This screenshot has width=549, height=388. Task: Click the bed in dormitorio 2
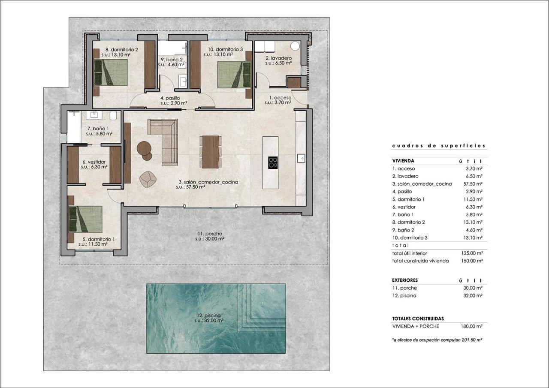coord(111,72)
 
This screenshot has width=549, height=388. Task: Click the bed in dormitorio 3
coord(234,75)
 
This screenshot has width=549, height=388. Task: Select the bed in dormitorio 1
coord(86,219)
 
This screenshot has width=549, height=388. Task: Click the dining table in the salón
coord(211,152)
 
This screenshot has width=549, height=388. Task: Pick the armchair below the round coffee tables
coord(148,179)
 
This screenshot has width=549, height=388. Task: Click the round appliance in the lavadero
coord(295,47)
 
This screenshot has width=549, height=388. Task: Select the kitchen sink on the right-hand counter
coord(301,158)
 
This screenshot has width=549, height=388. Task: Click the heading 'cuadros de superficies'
coord(438,146)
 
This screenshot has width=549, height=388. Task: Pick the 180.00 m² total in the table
coord(473,326)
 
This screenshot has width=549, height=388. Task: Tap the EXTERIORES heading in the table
coord(405,280)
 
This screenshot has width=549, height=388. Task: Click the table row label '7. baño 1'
coord(402,215)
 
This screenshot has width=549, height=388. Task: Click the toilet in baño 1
coord(113,116)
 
